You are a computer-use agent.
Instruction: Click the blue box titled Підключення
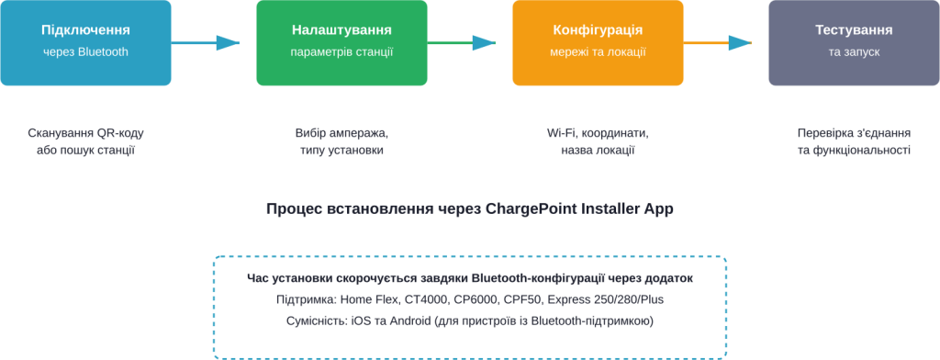point(85,42)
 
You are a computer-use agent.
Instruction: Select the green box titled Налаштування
point(341,42)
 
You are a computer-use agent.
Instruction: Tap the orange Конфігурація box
point(598,42)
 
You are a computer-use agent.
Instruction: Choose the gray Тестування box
point(854,42)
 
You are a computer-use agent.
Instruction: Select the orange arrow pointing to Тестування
point(717,42)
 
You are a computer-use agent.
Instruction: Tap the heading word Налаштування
point(341,30)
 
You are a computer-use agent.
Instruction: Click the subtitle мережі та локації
point(598,52)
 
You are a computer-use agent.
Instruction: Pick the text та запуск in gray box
point(854,52)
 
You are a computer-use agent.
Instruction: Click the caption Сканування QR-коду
point(85,133)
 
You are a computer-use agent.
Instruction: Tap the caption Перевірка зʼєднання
point(854,133)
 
